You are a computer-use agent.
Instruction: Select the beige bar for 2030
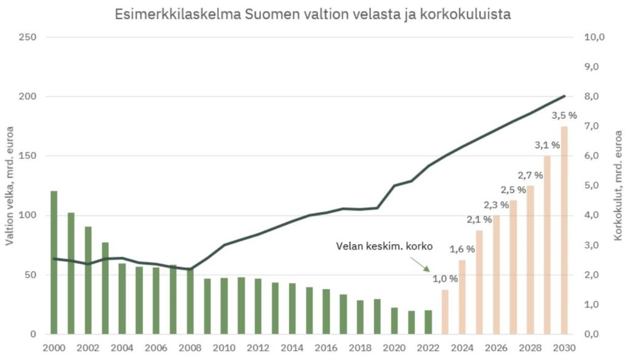point(564,230)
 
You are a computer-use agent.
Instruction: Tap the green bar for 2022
point(428,322)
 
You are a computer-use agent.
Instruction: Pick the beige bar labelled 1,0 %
point(445,311)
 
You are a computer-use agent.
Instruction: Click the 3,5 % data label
point(564,115)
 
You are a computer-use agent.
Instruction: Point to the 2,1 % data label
point(479,219)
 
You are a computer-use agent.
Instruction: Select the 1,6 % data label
point(462,249)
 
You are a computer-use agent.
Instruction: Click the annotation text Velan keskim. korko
point(385,246)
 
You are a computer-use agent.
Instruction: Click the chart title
point(313,14)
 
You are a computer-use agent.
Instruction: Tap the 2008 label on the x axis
point(190,347)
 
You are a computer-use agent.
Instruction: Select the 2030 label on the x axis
point(564,347)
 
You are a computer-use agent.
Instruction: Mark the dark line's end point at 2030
point(564,96)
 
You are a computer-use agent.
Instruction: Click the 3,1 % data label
point(547,145)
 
